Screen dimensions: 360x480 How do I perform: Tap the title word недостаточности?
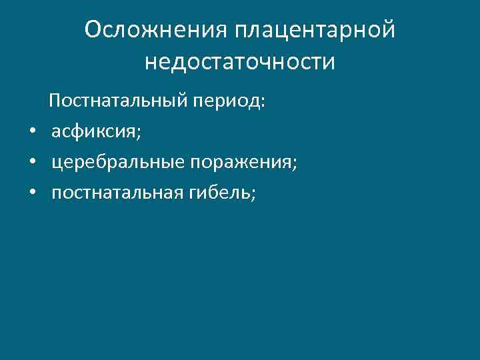[239, 61]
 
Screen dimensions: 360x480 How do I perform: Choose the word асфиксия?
[95, 133]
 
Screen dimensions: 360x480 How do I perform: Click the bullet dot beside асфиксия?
[31, 133]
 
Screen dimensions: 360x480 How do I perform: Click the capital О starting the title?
[94, 29]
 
